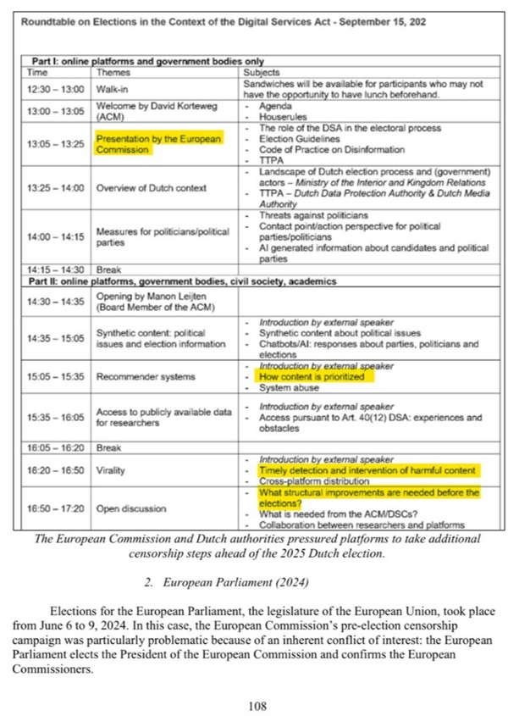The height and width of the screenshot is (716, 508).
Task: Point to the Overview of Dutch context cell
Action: click(x=152, y=187)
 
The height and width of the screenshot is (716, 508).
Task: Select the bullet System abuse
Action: click(x=290, y=388)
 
